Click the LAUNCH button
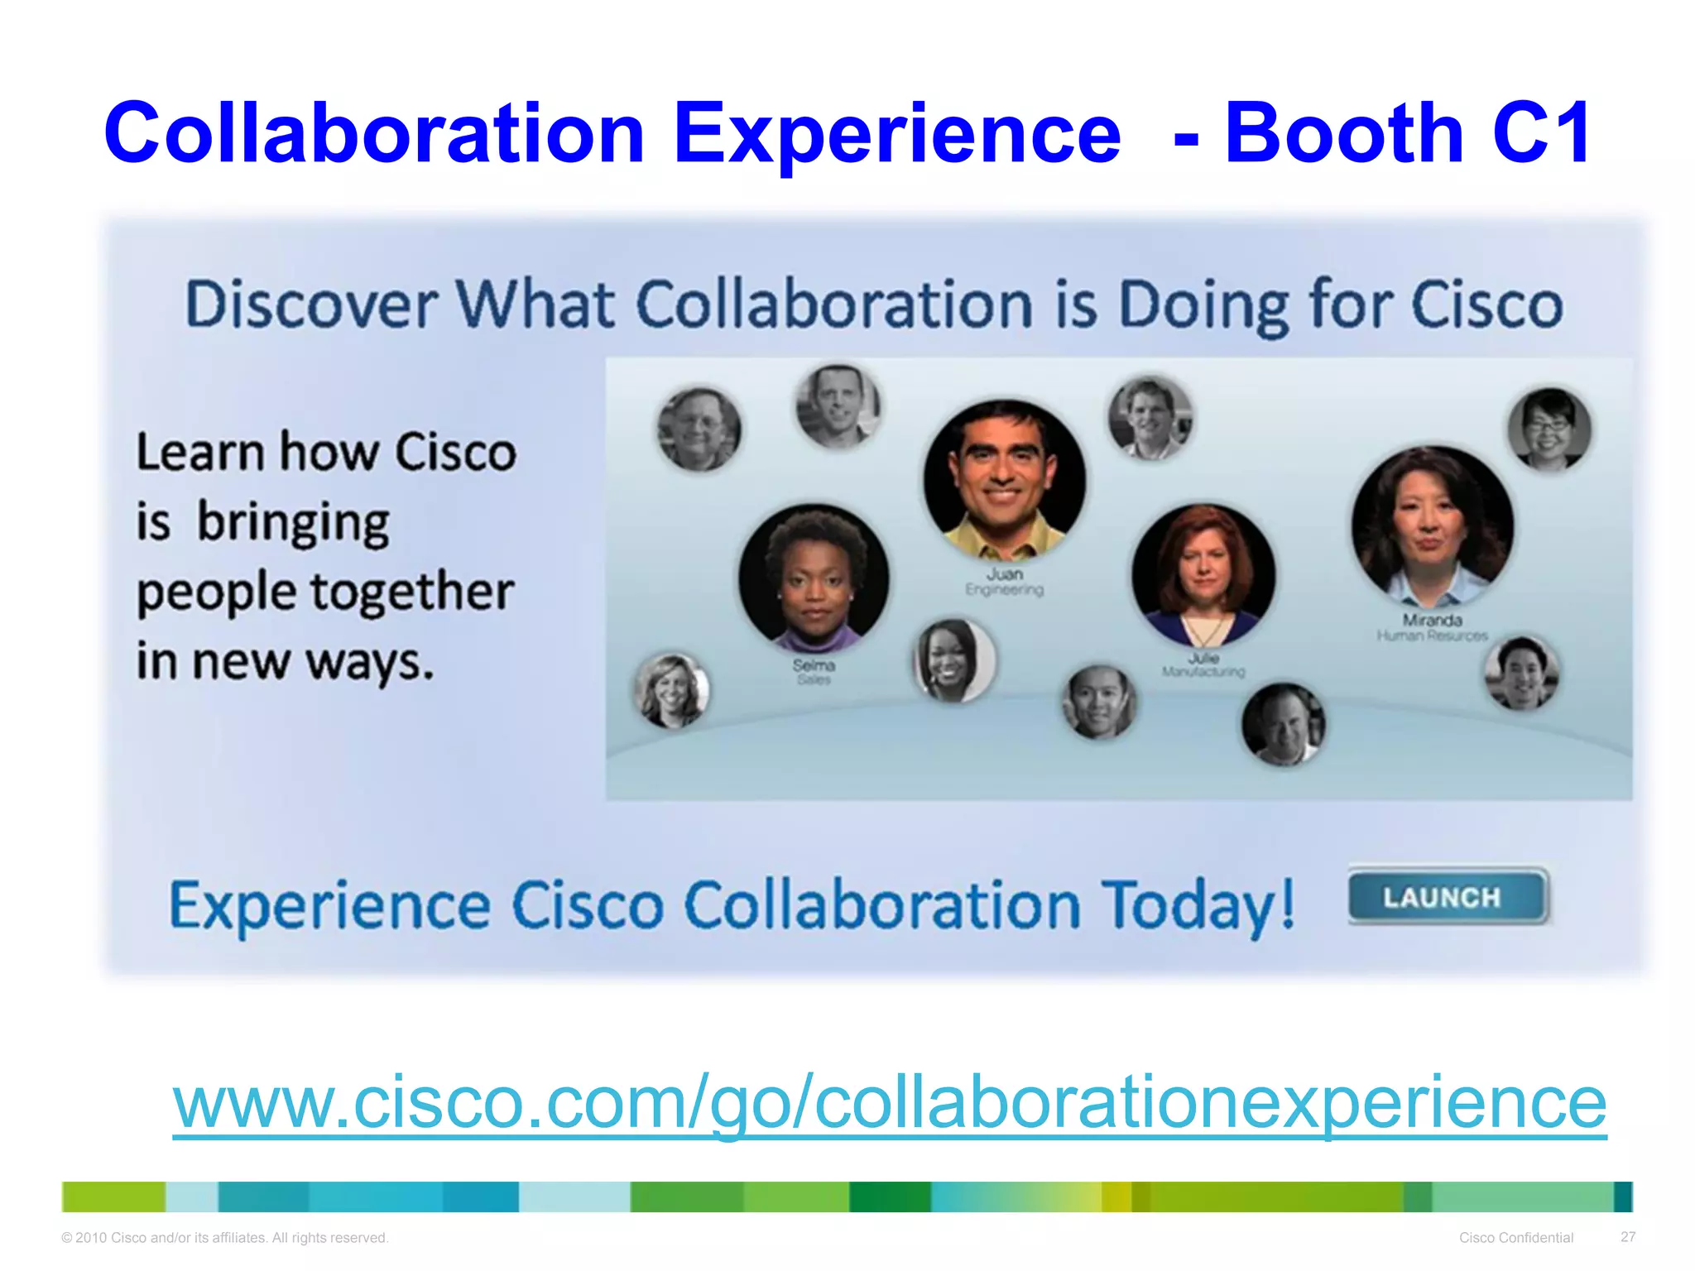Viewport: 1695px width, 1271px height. tap(1448, 897)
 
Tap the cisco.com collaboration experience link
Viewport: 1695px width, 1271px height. tap(889, 1102)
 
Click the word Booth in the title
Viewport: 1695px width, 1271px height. tap(1344, 132)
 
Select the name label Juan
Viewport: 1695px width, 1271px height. tap(1004, 573)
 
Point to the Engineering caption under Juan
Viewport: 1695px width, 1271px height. tap(1004, 590)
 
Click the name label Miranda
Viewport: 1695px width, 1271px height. tap(1432, 620)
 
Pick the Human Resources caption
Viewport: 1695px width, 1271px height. tap(1432, 635)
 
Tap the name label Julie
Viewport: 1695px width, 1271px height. tap(1203, 658)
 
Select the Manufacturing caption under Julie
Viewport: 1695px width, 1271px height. tap(1203, 672)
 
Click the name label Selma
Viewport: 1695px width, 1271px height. tap(814, 665)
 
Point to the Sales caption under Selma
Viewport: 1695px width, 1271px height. tap(814, 680)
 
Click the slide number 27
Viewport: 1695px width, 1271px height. tap(1628, 1237)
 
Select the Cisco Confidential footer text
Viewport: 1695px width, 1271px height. tap(1515, 1238)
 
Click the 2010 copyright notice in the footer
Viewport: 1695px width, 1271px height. tap(224, 1238)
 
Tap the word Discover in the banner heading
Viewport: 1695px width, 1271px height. tap(310, 305)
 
